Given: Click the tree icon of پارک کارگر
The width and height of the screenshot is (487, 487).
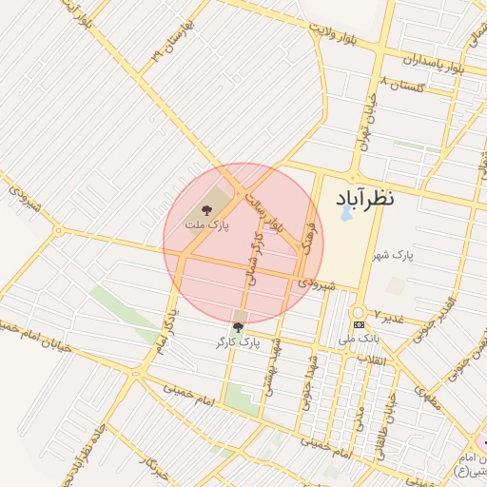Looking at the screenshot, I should [x=238, y=327].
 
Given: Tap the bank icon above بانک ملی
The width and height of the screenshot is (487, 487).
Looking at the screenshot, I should [x=358, y=324].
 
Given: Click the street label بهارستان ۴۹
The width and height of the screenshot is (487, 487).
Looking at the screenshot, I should [x=172, y=44].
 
